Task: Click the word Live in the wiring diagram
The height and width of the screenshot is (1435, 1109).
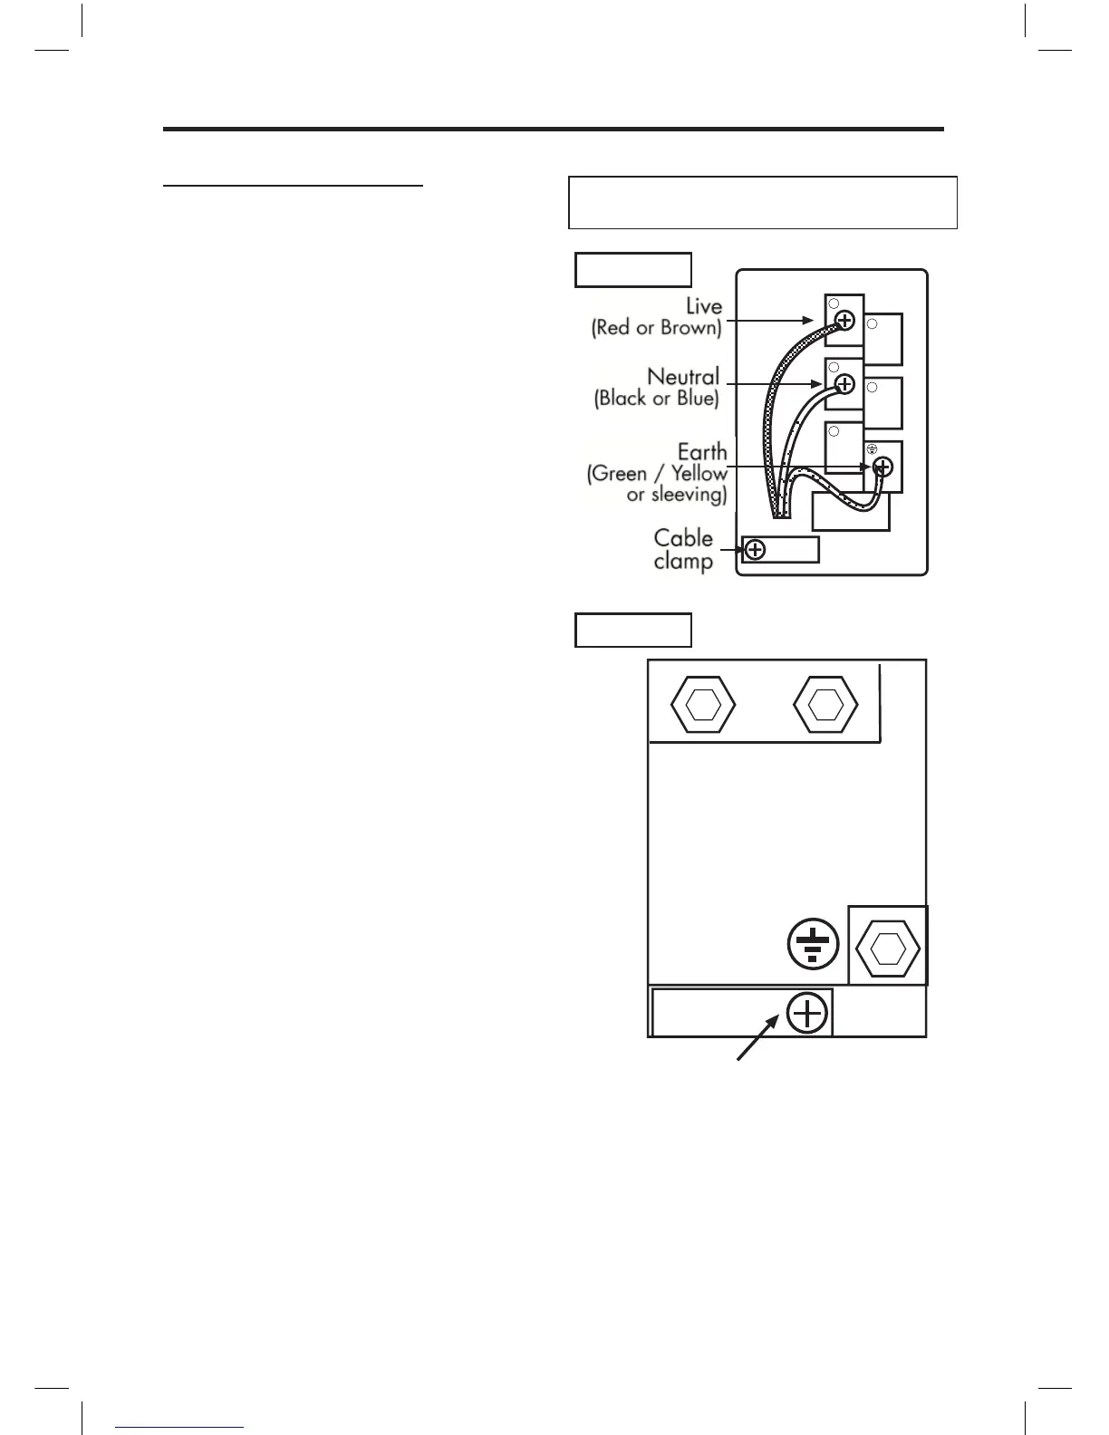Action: (703, 306)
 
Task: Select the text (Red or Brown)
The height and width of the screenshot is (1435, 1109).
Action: (657, 328)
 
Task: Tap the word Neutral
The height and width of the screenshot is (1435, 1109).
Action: (683, 376)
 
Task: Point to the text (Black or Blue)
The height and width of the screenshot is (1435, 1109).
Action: (657, 398)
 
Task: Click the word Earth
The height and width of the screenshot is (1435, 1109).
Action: (702, 451)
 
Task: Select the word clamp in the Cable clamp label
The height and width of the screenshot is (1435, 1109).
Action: (683, 561)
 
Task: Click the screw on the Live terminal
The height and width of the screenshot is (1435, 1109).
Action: (844, 320)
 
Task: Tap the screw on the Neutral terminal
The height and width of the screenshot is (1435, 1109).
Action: (844, 384)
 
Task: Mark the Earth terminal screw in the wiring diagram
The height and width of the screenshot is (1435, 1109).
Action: (882, 467)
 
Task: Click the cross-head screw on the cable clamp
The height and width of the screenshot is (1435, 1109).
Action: (754, 549)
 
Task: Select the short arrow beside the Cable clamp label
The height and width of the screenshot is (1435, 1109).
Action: (732, 549)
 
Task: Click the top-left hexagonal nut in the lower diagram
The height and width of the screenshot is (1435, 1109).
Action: (702, 704)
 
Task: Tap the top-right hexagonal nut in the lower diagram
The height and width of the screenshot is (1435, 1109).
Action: (825, 704)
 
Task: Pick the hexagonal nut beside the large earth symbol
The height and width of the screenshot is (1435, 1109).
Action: (888, 947)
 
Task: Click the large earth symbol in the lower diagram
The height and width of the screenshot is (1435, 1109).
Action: (813, 943)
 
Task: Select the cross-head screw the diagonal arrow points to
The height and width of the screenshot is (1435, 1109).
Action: (806, 1013)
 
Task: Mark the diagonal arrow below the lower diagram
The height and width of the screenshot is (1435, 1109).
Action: (757, 1037)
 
